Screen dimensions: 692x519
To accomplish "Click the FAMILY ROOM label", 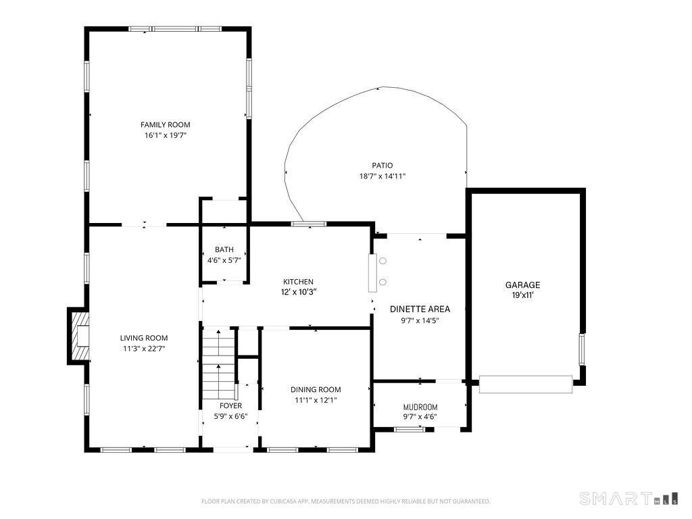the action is tap(165, 125).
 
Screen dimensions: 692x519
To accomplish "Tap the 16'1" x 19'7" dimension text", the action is tap(166, 135).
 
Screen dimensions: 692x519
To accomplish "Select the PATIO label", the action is tap(382, 166).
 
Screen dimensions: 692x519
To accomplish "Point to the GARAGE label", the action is tap(522, 285).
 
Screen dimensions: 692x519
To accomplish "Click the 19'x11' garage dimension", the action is tap(523, 296).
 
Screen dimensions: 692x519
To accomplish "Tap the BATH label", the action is tap(224, 250).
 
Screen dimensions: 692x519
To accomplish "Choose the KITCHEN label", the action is tap(298, 282).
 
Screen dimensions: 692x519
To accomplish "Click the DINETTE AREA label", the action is tap(420, 310).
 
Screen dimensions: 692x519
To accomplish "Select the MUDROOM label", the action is tap(420, 407).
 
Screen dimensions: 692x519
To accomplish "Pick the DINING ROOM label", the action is tap(316, 390).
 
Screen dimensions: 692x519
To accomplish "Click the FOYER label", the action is tap(231, 405).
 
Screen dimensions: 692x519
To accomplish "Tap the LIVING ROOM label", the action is tap(144, 338).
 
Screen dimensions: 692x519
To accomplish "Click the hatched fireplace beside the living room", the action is tap(80, 337).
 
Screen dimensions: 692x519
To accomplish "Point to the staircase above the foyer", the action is tap(218, 363).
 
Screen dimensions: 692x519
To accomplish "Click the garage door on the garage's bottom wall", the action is tap(526, 384).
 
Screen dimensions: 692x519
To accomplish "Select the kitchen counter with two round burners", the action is tap(373, 273).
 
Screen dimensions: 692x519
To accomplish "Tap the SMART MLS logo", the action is tap(629, 499).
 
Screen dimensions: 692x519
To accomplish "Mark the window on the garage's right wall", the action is tap(582, 349).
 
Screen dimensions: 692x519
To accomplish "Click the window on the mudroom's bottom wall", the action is tap(410, 429).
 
